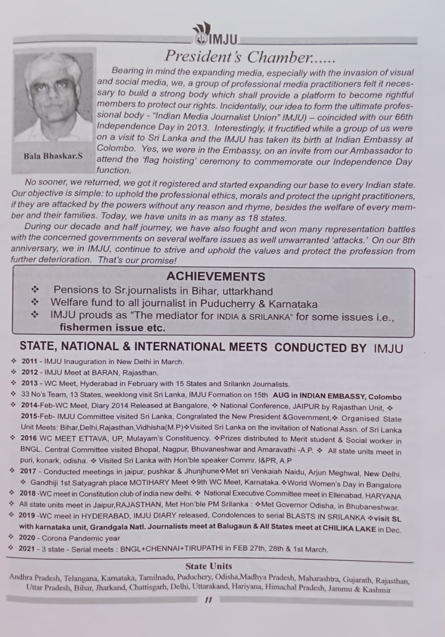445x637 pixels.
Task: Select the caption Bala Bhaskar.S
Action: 53,156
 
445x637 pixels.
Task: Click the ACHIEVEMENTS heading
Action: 216,276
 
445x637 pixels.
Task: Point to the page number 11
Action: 209,600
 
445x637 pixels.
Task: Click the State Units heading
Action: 208,566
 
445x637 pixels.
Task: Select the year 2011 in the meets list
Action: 29,362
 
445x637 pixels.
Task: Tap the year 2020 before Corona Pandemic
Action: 29,538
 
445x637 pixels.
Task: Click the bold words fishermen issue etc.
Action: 113,327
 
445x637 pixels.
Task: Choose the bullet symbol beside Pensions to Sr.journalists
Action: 35,290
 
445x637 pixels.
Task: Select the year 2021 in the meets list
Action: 29,549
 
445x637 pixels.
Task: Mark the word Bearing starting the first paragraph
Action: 128,72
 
